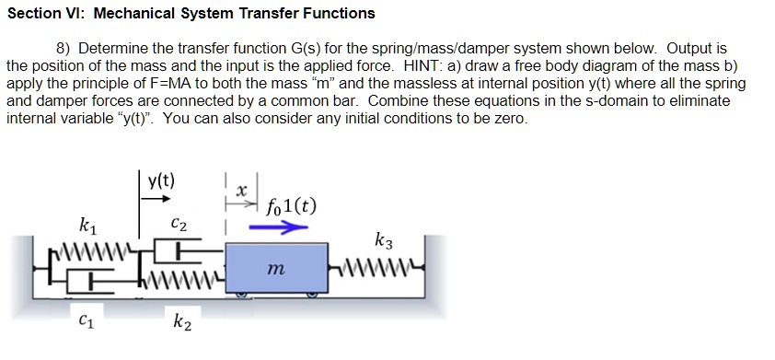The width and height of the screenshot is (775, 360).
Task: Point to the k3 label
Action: [x=384, y=242]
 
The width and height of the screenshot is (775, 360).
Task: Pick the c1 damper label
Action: [x=86, y=321]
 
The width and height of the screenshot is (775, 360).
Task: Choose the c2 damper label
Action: [x=180, y=224]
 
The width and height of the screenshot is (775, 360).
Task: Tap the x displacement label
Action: [x=241, y=191]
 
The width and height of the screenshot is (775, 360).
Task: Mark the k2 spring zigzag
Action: [x=190, y=273]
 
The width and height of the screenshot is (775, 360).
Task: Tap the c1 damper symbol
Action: [x=87, y=273]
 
